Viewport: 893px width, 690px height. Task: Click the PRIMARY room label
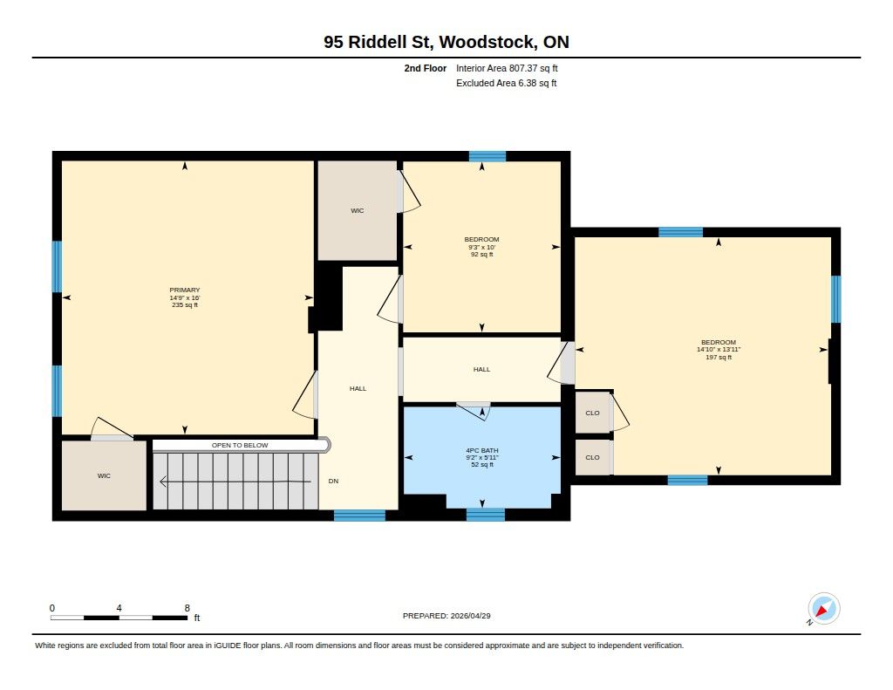point(185,290)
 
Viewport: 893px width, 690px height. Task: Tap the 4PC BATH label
point(481,450)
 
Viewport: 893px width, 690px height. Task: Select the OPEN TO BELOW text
point(240,445)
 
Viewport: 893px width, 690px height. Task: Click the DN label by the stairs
point(333,481)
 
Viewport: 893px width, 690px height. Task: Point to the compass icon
point(823,609)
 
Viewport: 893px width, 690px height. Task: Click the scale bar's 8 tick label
point(187,608)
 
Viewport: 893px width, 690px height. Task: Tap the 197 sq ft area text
point(719,358)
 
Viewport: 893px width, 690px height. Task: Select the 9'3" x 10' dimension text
point(481,247)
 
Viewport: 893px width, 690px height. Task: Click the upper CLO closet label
point(592,413)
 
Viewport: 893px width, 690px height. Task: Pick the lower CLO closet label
point(592,457)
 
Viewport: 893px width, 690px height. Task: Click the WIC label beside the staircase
point(104,475)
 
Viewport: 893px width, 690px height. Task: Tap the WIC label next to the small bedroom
point(357,211)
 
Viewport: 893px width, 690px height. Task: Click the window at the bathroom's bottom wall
point(485,515)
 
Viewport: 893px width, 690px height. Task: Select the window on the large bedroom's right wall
point(835,299)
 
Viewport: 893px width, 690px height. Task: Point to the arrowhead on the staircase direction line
point(163,482)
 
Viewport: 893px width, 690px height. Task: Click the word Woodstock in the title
point(487,42)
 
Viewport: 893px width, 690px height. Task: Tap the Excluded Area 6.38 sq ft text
point(507,83)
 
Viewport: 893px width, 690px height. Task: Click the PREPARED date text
point(446,616)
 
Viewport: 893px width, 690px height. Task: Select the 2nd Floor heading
point(425,68)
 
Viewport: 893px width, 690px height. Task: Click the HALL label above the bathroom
point(481,369)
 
